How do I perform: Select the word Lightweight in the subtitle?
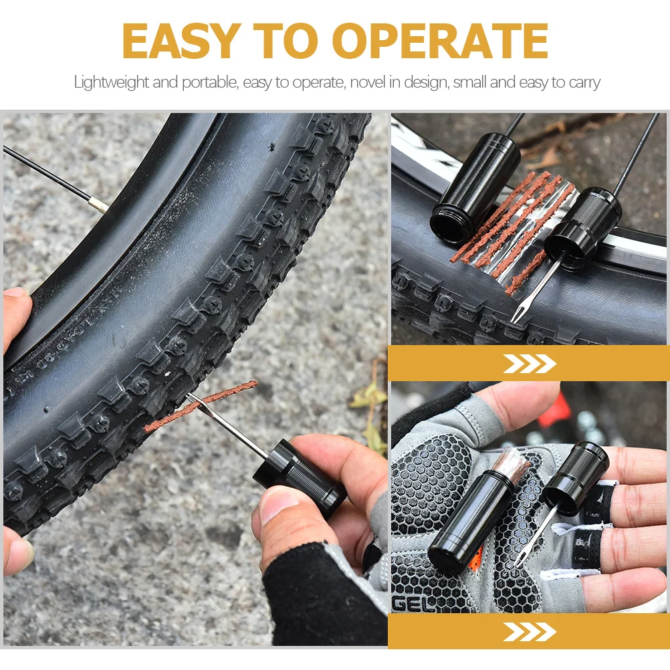111,83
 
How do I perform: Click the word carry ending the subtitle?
584,83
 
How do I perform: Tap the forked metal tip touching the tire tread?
516,314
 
